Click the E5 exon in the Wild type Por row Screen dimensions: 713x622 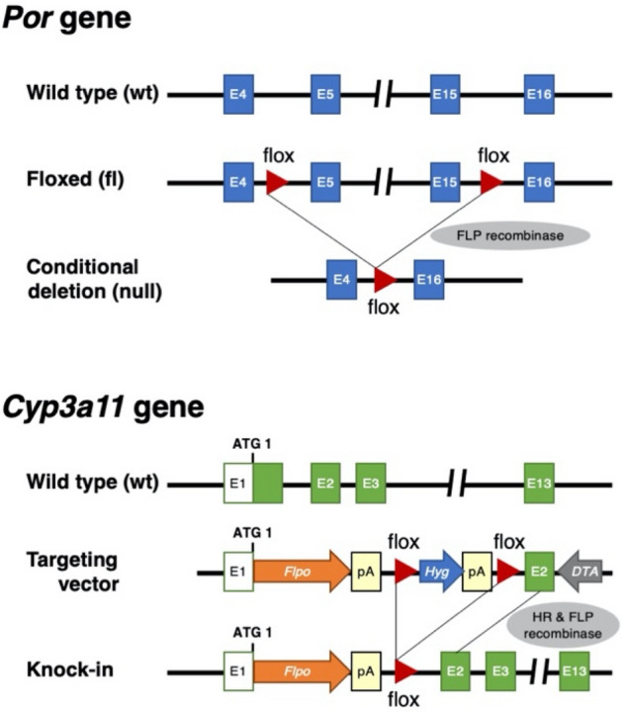[327, 95]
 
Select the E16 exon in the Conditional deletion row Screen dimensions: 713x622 [427, 280]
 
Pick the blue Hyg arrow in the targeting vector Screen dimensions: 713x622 [436, 572]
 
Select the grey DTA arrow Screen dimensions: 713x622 [579, 572]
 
